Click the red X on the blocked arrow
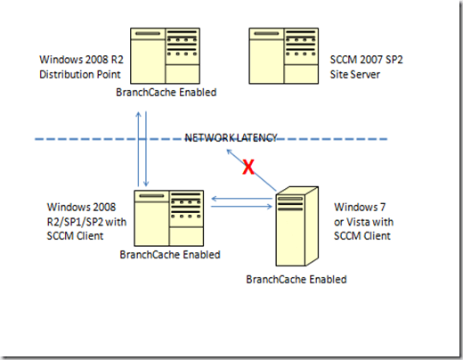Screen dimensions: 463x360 [248, 167]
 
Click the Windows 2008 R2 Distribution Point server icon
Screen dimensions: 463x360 [165, 56]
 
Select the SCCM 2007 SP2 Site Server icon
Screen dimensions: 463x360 [284, 56]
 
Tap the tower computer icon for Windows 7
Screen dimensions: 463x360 [297, 226]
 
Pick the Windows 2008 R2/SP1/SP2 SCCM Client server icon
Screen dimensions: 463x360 [169, 218]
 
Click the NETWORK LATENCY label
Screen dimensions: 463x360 [231, 138]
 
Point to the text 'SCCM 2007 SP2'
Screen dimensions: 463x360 [366, 60]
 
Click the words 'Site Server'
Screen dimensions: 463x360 [355, 74]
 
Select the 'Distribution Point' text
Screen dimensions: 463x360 [80, 74]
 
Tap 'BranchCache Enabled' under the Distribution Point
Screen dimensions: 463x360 [167, 93]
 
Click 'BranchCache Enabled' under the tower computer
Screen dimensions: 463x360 [296, 280]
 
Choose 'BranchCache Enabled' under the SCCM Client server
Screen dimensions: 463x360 [170, 255]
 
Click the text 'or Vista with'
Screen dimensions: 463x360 [363, 222]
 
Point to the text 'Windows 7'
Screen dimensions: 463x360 [360, 207]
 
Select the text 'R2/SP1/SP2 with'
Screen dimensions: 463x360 [86, 222]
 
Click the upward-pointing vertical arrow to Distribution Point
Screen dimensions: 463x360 [138, 149]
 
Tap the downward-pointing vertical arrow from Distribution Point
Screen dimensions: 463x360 [146, 149]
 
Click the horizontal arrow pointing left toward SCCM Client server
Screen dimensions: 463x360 [242, 199]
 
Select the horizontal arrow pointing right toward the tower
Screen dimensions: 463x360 [242, 206]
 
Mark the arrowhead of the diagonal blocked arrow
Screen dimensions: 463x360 [228, 151]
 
